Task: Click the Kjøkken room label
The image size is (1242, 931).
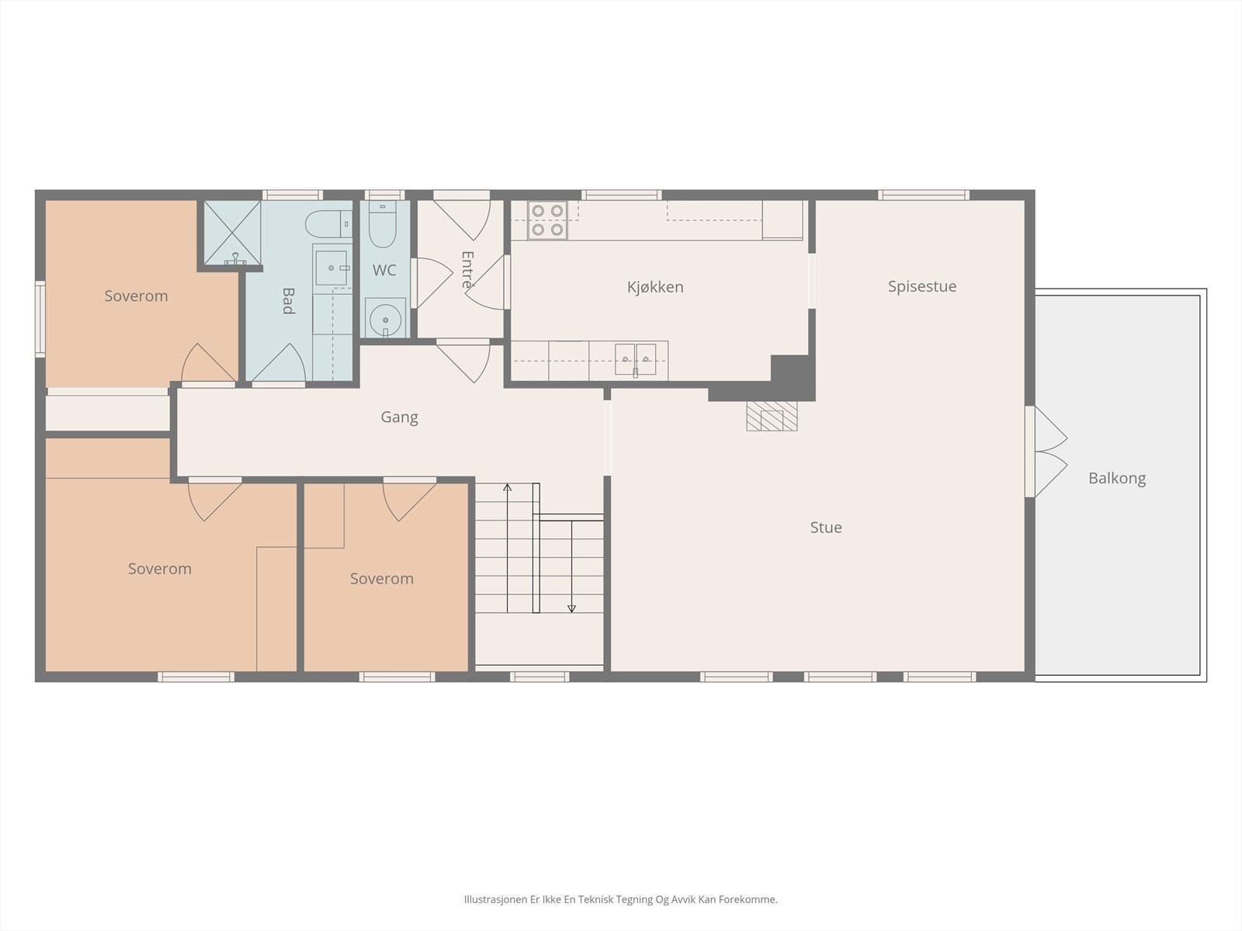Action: point(654,287)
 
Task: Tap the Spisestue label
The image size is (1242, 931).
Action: point(921,286)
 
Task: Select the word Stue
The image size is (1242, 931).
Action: point(826,528)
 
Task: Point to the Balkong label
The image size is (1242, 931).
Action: point(1117,478)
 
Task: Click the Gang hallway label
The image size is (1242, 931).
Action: point(399,417)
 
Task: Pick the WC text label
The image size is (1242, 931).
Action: point(383,270)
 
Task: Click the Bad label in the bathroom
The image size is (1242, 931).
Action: point(288,301)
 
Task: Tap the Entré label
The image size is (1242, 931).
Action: point(467,270)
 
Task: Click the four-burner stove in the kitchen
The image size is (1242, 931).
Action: point(547,220)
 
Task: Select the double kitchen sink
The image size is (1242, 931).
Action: point(636,359)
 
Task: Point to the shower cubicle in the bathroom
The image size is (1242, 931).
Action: point(232,233)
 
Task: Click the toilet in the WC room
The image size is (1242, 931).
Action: point(382,225)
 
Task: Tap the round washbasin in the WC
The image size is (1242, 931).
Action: point(385,319)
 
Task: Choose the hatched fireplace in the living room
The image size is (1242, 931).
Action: point(772,416)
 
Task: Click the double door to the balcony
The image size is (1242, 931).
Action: point(1046,452)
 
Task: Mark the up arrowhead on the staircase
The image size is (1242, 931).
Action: point(507,487)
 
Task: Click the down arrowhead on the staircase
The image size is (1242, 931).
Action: point(571,609)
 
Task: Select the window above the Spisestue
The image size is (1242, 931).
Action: point(924,195)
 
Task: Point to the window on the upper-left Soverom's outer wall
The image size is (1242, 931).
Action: point(40,320)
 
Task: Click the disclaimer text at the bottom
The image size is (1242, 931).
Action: point(621,899)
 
